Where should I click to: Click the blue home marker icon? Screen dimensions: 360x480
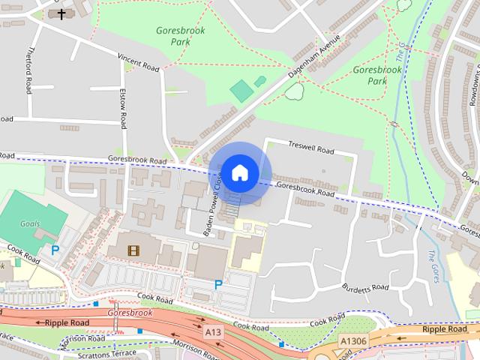239,172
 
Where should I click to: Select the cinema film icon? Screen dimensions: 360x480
133,250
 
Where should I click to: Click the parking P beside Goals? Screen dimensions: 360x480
55,250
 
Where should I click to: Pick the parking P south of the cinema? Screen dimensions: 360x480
218,284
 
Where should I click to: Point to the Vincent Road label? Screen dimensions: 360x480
139,62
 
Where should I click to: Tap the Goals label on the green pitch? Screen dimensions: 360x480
30,223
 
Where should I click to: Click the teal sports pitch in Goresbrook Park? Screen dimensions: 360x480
241,91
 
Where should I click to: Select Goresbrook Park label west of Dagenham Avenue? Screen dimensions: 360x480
180,37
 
